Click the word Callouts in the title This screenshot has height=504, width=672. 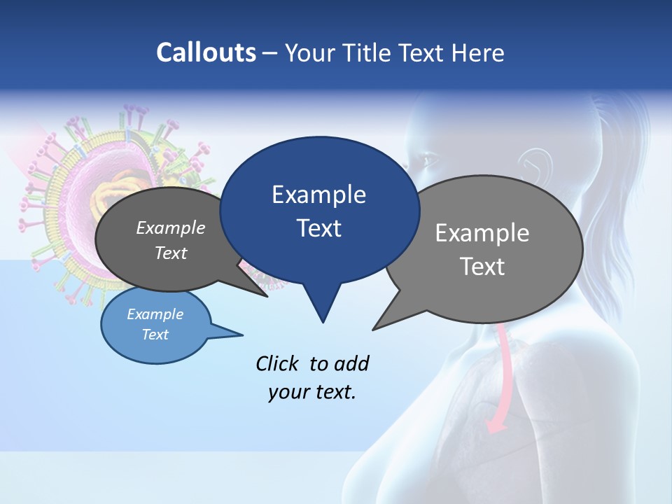pos(206,52)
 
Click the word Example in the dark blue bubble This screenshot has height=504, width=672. pos(318,195)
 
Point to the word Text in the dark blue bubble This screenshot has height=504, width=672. pos(318,228)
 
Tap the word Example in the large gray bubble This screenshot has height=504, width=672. pos(482,233)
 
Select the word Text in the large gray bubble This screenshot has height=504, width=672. pos(482,267)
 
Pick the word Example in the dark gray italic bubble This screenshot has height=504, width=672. pos(171,228)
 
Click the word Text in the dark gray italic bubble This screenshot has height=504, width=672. pos(171,253)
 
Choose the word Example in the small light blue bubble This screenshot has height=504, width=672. pos(155,315)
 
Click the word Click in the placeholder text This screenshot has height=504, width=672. pos(277,364)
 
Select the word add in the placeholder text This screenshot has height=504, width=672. pos(351,364)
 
